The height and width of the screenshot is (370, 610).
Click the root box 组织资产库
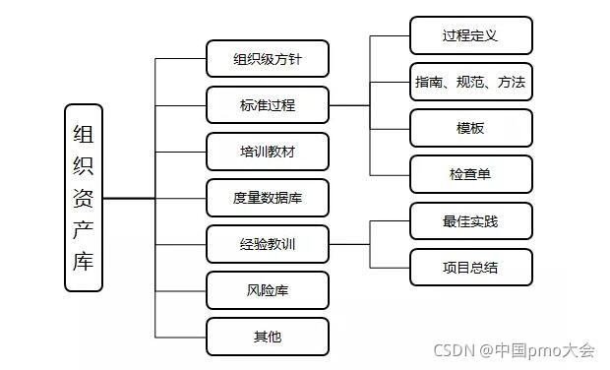(84, 198)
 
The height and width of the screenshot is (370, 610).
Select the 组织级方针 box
(268, 59)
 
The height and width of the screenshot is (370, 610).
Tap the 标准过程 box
(268, 105)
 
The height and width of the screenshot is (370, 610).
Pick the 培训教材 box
(268, 152)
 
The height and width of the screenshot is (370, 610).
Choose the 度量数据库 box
(268, 198)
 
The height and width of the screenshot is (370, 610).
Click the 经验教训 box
(268, 244)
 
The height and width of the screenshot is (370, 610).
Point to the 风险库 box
(268, 290)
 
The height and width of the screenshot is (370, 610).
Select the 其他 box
(268, 337)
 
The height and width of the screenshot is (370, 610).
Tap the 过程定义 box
(471, 35)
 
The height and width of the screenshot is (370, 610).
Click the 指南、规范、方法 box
(471, 82)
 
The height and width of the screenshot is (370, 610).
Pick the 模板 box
(471, 128)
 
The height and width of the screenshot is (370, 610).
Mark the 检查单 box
(471, 174)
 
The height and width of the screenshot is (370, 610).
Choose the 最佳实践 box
(471, 221)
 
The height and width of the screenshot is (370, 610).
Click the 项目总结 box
(471, 267)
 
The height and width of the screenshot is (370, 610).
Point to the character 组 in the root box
(84, 131)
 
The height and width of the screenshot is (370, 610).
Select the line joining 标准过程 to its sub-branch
(349, 105)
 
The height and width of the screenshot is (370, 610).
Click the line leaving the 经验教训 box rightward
(349, 244)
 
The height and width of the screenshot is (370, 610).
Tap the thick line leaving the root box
(128, 198)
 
